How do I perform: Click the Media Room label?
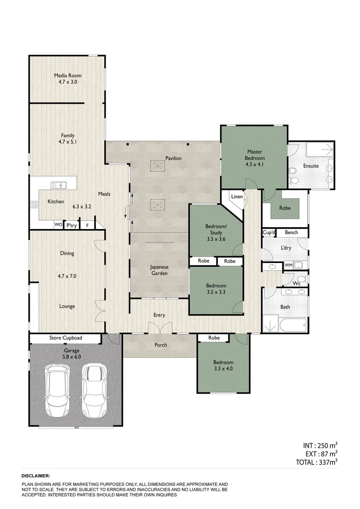[67, 75]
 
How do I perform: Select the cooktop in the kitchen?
[34, 205]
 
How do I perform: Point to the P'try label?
[72, 226]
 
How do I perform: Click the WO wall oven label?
[58, 225]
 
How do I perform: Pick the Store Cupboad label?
[65, 338]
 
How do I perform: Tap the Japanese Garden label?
[160, 270]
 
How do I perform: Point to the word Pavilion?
[173, 158]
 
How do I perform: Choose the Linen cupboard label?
[236, 197]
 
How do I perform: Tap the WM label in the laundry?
[288, 266]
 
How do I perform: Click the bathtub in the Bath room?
[293, 325]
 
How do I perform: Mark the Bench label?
[291, 233]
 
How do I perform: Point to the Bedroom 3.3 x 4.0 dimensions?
[224, 369]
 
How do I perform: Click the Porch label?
[161, 345]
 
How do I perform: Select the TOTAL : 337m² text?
[318, 462]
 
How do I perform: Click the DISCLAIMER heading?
[36, 476]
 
